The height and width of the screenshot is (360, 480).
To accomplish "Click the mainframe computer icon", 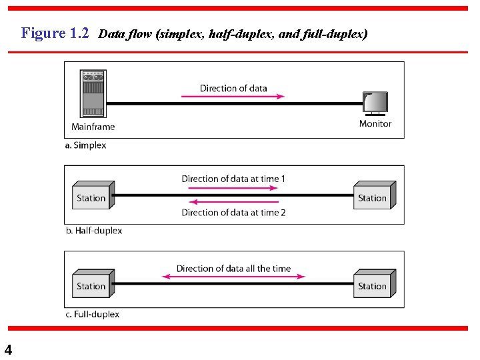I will pos(93,94).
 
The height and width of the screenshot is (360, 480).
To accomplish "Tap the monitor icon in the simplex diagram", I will pos(375,103).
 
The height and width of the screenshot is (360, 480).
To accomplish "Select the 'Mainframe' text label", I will pos(93,127).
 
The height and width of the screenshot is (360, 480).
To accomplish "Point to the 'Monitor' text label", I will pos(375,123).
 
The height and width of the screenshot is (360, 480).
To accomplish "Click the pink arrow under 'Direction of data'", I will pos(233,96).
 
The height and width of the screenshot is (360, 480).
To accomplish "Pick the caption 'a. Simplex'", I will pos(85,145).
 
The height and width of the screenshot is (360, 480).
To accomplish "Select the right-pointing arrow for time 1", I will pos(233,187).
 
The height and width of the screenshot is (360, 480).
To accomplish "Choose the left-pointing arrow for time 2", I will pos(233,203).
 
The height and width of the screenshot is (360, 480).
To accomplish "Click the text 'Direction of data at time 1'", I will pos(233,179).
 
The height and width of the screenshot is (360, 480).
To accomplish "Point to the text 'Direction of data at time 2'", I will pos(233,213).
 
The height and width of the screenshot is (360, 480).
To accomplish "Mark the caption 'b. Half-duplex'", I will pos(93,231).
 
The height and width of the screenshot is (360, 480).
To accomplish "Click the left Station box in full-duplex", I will pos(93,284).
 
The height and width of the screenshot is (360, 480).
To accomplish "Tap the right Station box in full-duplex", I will pos(374,284).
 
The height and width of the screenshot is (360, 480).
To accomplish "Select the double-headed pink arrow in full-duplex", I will pos(233,277).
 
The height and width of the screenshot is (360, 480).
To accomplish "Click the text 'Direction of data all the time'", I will pos(233,269).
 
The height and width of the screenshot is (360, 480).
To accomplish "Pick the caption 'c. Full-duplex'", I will pos(92,314).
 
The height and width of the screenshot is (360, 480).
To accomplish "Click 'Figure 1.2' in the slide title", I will pos(55,33).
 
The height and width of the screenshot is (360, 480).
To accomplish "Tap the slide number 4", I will pos(8,349).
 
